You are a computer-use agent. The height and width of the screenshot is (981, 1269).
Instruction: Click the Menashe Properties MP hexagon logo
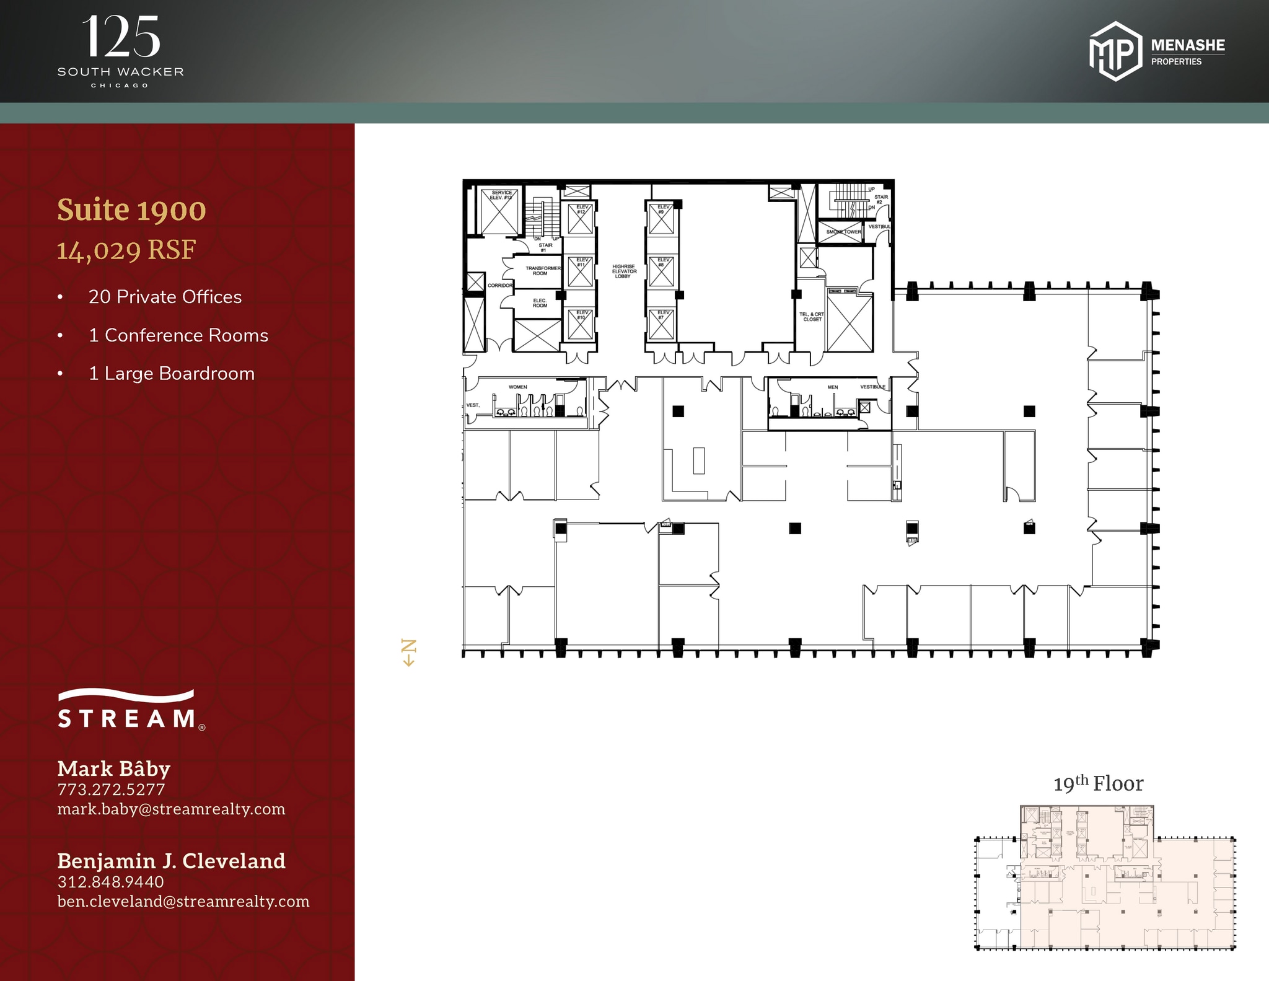(1115, 51)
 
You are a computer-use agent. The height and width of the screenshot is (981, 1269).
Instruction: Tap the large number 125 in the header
(121, 37)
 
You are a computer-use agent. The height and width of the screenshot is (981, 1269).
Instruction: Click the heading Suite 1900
(131, 210)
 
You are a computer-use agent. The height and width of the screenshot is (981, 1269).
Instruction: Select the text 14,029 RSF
(126, 250)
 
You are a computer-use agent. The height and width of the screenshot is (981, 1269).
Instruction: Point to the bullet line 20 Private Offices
(165, 297)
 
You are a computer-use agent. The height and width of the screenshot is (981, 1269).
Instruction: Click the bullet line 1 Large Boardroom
(172, 374)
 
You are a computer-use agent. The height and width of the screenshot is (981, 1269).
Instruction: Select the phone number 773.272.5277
(112, 790)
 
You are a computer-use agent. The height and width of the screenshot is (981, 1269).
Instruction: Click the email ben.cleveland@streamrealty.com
(183, 901)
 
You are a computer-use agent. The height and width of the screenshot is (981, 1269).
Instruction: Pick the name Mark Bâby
(114, 768)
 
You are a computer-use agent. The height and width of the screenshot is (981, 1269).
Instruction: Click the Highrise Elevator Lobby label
(624, 271)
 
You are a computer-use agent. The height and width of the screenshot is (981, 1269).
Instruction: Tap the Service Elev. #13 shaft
(499, 212)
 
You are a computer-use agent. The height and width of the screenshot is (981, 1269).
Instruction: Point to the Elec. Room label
(540, 303)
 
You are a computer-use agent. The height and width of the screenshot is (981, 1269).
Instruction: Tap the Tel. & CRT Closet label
(812, 317)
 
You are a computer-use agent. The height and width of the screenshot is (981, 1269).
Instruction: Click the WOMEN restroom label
(518, 387)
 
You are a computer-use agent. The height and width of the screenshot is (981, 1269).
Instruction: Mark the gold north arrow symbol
(409, 653)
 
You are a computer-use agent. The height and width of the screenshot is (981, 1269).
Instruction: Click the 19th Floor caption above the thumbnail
(1099, 784)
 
